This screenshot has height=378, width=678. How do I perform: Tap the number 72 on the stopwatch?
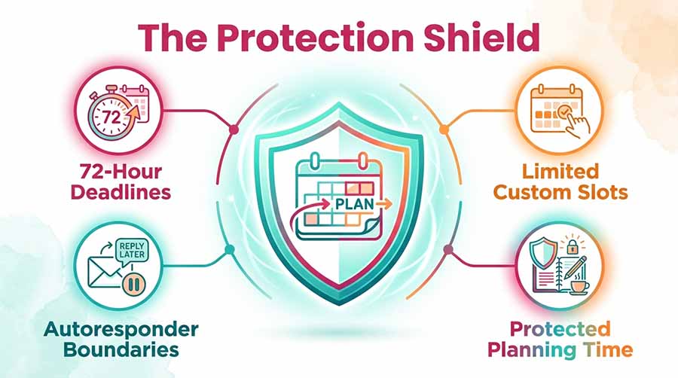click(111, 117)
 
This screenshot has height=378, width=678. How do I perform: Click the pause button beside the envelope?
click(133, 285)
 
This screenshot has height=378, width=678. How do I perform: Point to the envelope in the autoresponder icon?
click(105, 272)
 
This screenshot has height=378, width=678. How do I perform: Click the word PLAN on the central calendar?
click(354, 204)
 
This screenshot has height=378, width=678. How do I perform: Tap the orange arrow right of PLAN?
click(383, 203)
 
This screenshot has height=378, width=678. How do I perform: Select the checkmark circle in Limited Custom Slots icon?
click(563, 112)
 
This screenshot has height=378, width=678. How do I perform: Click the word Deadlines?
click(121, 192)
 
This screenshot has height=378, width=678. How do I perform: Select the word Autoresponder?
click(121, 330)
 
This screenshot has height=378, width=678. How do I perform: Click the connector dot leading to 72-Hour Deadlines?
click(234, 130)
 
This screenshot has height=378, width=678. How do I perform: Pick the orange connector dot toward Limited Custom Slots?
click(444, 130)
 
